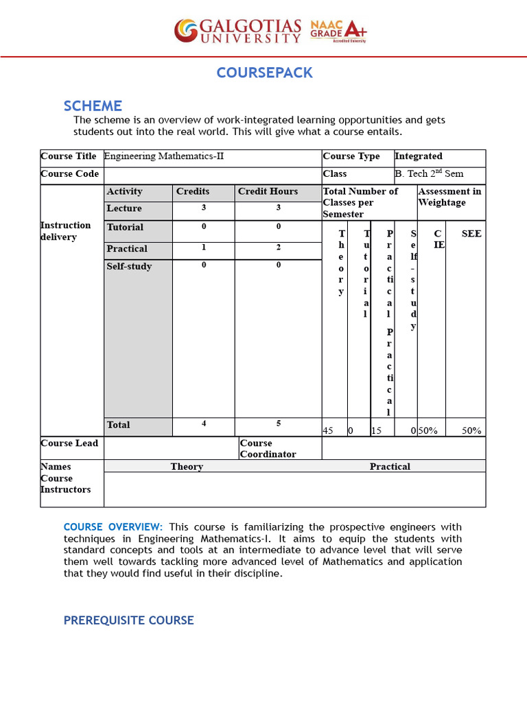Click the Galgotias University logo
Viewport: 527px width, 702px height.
pyautogui.click(x=237, y=30)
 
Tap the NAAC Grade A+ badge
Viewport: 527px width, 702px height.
pyautogui.click(x=338, y=30)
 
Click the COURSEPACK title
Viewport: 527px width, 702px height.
pyautogui.click(x=264, y=73)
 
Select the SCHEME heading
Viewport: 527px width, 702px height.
pyautogui.click(x=93, y=106)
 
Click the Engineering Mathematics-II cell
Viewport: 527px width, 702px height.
pyautogui.click(x=164, y=156)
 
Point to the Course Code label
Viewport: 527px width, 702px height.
pyautogui.click(x=69, y=174)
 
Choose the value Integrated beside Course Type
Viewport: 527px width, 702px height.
pyautogui.click(x=419, y=156)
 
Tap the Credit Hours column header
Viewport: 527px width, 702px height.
pyautogui.click(x=268, y=192)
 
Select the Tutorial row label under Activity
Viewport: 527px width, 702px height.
pyautogui.click(x=125, y=228)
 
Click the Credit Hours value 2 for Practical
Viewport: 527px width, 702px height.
pyautogui.click(x=279, y=247)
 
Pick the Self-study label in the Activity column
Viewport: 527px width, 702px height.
pyautogui.click(x=129, y=266)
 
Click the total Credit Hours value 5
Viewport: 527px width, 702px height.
pyautogui.click(x=279, y=424)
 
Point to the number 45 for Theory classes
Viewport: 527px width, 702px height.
pyautogui.click(x=328, y=431)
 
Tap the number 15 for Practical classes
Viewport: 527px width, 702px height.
pyautogui.click(x=377, y=431)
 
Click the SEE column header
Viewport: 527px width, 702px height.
pyautogui.click(x=471, y=234)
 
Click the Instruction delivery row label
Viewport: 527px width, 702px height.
pyautogui.click(x=65, y=231)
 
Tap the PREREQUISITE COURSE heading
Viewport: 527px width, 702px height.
pyautogui.click(x=128, y=620)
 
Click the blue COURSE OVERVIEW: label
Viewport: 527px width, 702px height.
pyautogui.click(x=113, y=526)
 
